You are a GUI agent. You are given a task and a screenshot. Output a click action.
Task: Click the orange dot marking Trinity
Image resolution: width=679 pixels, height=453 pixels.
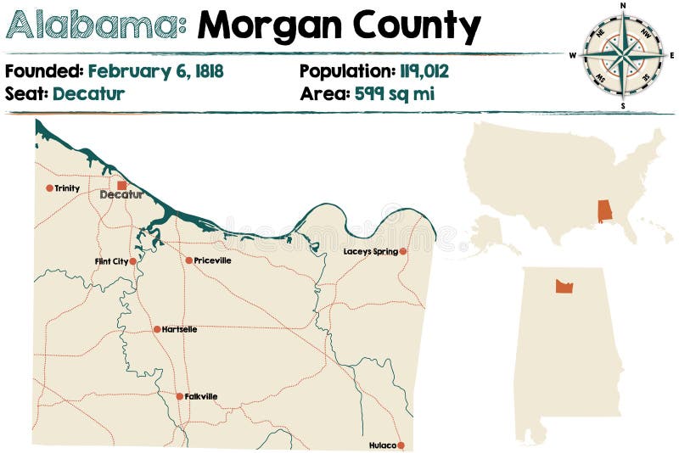49,188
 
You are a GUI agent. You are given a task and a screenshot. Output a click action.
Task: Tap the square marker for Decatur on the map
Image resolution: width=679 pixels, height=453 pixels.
121,185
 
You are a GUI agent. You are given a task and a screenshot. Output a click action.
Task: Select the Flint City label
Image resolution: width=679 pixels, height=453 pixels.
111,262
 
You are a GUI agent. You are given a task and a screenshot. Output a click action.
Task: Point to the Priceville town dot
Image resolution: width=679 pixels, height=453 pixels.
188,260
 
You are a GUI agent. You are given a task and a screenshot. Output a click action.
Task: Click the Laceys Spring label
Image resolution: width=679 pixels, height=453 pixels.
370,252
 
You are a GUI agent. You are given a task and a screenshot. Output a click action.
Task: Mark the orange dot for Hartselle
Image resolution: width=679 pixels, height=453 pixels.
157,329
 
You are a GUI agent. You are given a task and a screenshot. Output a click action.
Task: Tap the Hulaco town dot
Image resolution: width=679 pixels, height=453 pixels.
401,445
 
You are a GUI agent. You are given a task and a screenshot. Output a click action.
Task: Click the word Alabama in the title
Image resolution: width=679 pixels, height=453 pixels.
96,27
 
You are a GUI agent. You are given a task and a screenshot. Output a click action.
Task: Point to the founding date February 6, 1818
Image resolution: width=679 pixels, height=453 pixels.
155,71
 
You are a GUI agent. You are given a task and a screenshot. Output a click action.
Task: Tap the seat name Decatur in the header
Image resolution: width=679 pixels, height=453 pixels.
88,93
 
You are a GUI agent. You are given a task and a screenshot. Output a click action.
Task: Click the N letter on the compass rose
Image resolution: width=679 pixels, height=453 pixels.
623,5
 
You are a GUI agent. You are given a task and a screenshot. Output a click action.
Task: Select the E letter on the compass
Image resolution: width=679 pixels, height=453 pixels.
671,56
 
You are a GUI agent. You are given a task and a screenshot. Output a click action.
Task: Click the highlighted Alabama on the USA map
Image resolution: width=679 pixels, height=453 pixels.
604,211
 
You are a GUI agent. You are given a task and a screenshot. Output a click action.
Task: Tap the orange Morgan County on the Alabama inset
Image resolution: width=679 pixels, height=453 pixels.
564,286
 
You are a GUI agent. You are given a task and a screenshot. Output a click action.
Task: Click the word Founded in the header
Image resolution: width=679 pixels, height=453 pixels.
43,71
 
